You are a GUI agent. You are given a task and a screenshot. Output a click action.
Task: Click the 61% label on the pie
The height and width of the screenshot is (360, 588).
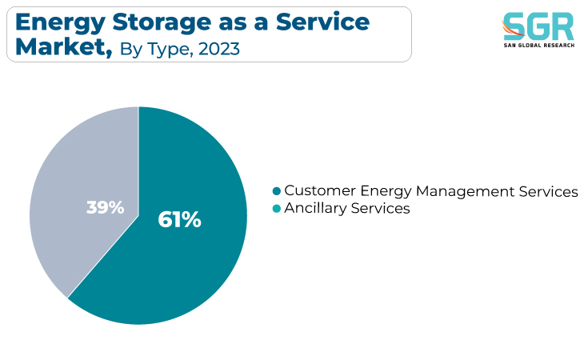(x=179, y=220)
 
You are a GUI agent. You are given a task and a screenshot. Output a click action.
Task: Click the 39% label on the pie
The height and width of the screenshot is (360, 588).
(x=105, y=207)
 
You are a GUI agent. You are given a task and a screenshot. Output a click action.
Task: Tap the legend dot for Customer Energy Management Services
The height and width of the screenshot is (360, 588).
(x=277, y=191)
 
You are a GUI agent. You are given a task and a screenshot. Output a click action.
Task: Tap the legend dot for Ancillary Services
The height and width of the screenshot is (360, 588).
(x=277, y=209)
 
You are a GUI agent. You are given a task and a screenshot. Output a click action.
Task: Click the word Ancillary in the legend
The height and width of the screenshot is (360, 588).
(x=315, y=209)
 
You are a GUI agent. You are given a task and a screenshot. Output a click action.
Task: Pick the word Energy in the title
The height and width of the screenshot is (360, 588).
(x=61, y=23)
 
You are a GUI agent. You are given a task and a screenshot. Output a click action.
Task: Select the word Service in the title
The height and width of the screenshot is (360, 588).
(x=323, y=22)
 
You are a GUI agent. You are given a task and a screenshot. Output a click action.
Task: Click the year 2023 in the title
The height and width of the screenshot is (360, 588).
(x=219, y=49)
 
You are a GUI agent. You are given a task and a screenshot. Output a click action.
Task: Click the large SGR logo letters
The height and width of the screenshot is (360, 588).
(x=538, y=26)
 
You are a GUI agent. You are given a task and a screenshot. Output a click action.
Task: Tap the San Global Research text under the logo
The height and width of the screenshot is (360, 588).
(x=539, y=46)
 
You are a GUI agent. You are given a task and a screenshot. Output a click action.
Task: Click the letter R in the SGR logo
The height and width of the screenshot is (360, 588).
(x=562, y=26)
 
